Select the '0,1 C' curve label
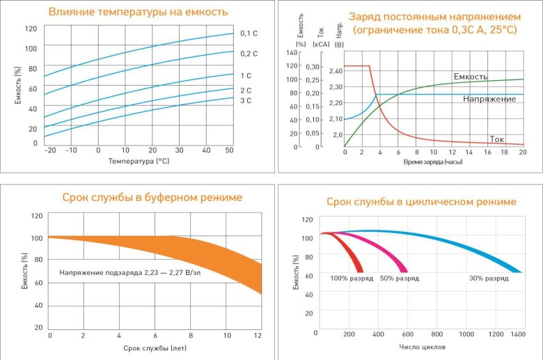pyautogui.click(x=249, y=33)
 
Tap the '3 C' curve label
pyautogui.click(x=246, y=101)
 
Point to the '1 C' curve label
pyautogui.click(x=246, y=75)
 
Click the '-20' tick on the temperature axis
pyautogui.click(x=50, y=150)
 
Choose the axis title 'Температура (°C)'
pyautogui.click(x=139, y=161)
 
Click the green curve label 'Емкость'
pyautogui.click(x=471, y=76)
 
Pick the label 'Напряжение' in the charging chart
pyautogui.click(x=489, y=99)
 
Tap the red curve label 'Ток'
pyautogui.click(x=497, y=139)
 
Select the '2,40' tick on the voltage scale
pyautogui.click(x=336, y=71)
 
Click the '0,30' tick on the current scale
pyautogui.click(x=314, y=66)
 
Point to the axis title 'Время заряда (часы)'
pyautogui.click(x=432, y=162)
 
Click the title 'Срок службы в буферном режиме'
pyautogui.click(x=152, y=198)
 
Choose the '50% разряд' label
pyautogui.click(x=400, y=279)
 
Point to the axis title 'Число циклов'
pyautogui.click(x=423, y=346)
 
